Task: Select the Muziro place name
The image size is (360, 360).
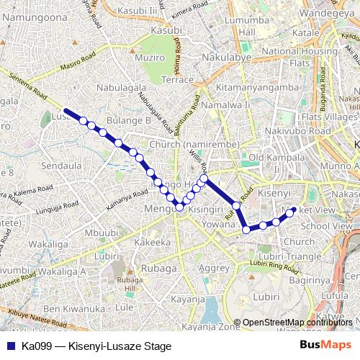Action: click(x=150, y=57)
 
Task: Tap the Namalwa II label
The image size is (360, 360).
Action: click(x=226, y=105)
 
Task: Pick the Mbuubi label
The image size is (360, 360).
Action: click(x=101, y=233)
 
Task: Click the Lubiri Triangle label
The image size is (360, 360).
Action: click(x=290, y=256)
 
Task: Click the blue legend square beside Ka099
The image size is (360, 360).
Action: click(x=11, y=345)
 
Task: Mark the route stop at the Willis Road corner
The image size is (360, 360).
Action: click(x=204, y=178)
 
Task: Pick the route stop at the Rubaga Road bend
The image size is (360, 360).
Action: click(x=246, y=230)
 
